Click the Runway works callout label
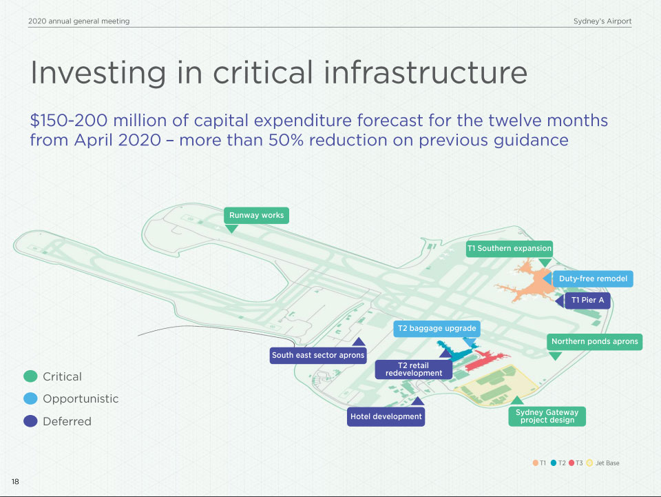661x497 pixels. tap(256, 215)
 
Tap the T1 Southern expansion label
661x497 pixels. tap(510, 248)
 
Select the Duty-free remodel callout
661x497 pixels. tap(593, 279)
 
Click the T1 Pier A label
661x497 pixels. tap(587, 301)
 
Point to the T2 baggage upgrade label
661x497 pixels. tap(437, 329)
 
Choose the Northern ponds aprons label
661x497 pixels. tap(594, 342)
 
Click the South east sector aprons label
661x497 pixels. tap(318, 355)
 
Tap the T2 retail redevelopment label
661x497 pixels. tap(414, 369)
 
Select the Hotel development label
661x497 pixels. tap(386, 417)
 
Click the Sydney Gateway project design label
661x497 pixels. tap(547, 416)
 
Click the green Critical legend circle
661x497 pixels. tap(30, 376)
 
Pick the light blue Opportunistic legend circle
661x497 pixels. tap(30, 398)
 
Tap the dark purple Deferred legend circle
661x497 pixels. tap(30, 421)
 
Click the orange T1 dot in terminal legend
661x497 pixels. tap(536, 463)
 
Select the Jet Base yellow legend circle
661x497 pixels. tap(589, 463)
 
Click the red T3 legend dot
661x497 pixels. tap(571, 463)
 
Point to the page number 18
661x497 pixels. tap(15, 482)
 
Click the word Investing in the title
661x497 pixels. tap(98, 73)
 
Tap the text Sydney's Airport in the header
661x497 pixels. tap(602, 21)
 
